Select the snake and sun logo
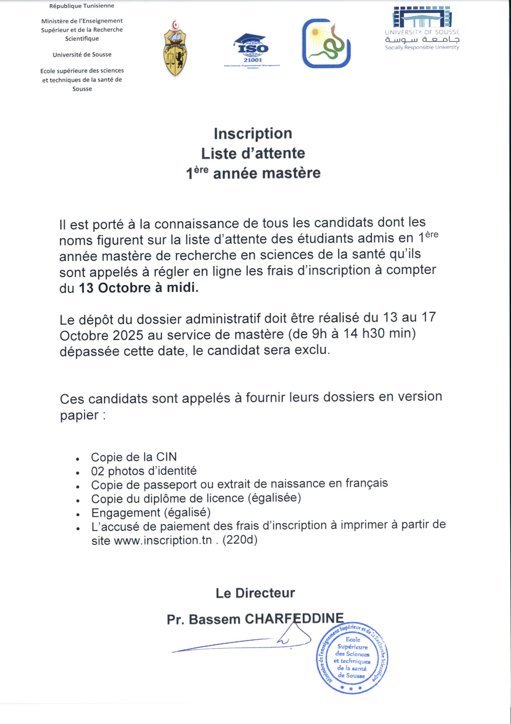(326, 43)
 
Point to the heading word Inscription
(253, 133)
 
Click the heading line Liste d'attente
(253, 154)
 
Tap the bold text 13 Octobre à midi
(139, 288)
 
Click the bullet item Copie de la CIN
(134, 457)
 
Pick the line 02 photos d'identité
(144, 471)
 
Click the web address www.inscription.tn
(163, 541)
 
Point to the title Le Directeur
(255, 593)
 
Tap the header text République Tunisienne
(82, 6)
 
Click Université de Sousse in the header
(82, 55)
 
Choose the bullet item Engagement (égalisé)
(151, 513)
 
